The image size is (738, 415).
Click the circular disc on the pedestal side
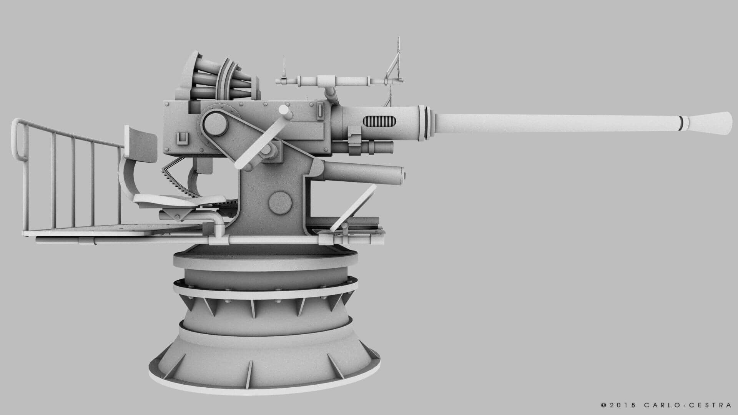pos(279,202)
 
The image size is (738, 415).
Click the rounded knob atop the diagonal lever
pos(285,112)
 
